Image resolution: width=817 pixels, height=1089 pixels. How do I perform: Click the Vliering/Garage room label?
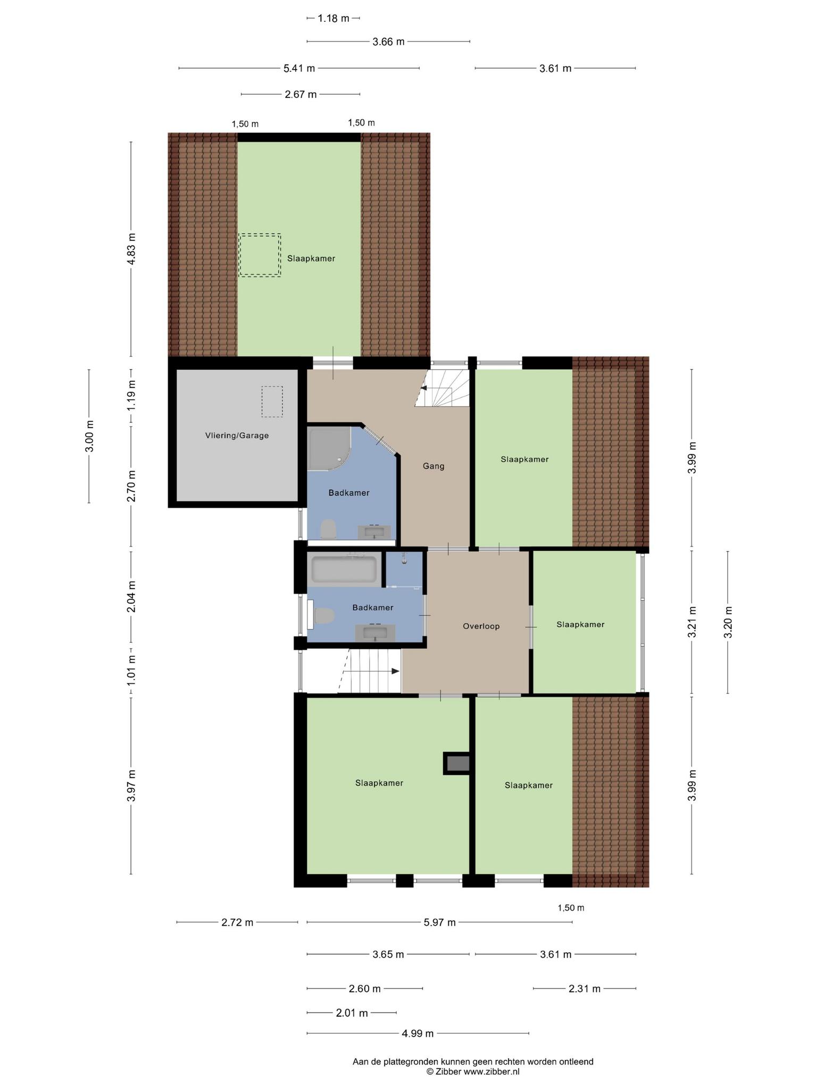(x=237, y=435)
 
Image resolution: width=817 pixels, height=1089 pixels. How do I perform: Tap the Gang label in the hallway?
(x=433, y=466)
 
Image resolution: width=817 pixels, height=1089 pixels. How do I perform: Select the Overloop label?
(x=481, y=626)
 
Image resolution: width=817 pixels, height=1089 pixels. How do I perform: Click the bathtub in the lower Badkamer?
(x=344, y=569)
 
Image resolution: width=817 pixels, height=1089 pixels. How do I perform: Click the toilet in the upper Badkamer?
(x=328, y=530)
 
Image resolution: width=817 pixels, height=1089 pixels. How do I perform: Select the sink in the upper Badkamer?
(x=374, y=532)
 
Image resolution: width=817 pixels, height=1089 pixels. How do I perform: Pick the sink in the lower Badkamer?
(x=375, y=633)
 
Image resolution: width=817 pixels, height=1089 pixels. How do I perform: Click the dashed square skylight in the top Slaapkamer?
(x=260, y=255)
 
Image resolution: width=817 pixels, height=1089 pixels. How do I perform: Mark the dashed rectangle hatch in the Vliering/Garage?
(x=272, y=401)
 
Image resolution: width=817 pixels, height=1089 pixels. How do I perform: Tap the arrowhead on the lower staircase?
(x=395, y=671)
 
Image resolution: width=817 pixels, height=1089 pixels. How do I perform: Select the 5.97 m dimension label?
(x=439, y=922)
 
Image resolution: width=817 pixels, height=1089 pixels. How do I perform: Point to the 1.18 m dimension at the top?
(x=334, y=18)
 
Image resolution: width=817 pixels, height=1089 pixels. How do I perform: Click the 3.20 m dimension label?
(x=728, y=622)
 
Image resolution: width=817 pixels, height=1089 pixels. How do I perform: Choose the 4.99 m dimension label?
(x=418, y=1033)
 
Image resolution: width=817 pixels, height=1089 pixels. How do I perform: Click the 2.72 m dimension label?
(x=237, y=922)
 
